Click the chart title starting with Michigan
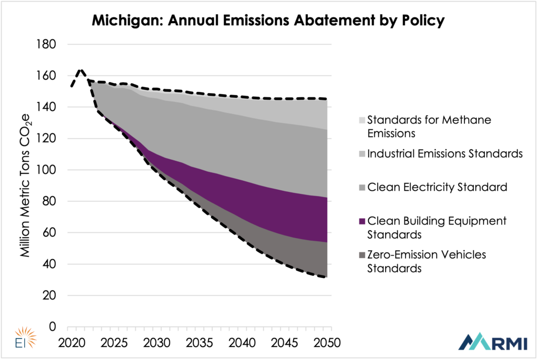click(x=268, y=20)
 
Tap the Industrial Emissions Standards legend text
click(x=444, y=153)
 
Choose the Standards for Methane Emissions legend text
click(x=429, y=126)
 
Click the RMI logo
click(x=490, y=342)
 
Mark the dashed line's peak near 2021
click(x=80, y=69)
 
